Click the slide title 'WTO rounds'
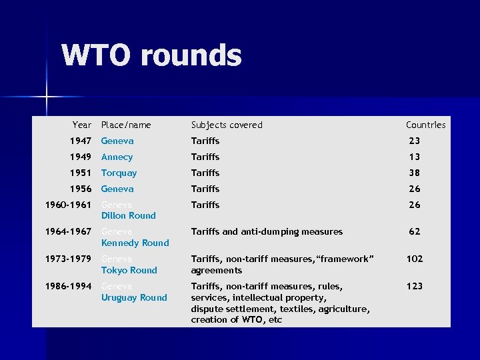151,56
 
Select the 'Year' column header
82,125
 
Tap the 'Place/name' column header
126,125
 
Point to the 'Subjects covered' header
227,125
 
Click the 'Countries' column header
425,125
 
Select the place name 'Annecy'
117,157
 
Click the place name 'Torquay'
119,173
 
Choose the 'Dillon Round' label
128,215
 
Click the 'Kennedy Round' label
135,243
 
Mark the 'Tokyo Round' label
129,270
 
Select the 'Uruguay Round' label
134,297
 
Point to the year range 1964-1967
68,231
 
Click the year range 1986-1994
68,286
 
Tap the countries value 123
415,286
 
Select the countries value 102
415,259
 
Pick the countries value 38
415,173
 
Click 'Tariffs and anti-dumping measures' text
267,231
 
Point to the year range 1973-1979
68,259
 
